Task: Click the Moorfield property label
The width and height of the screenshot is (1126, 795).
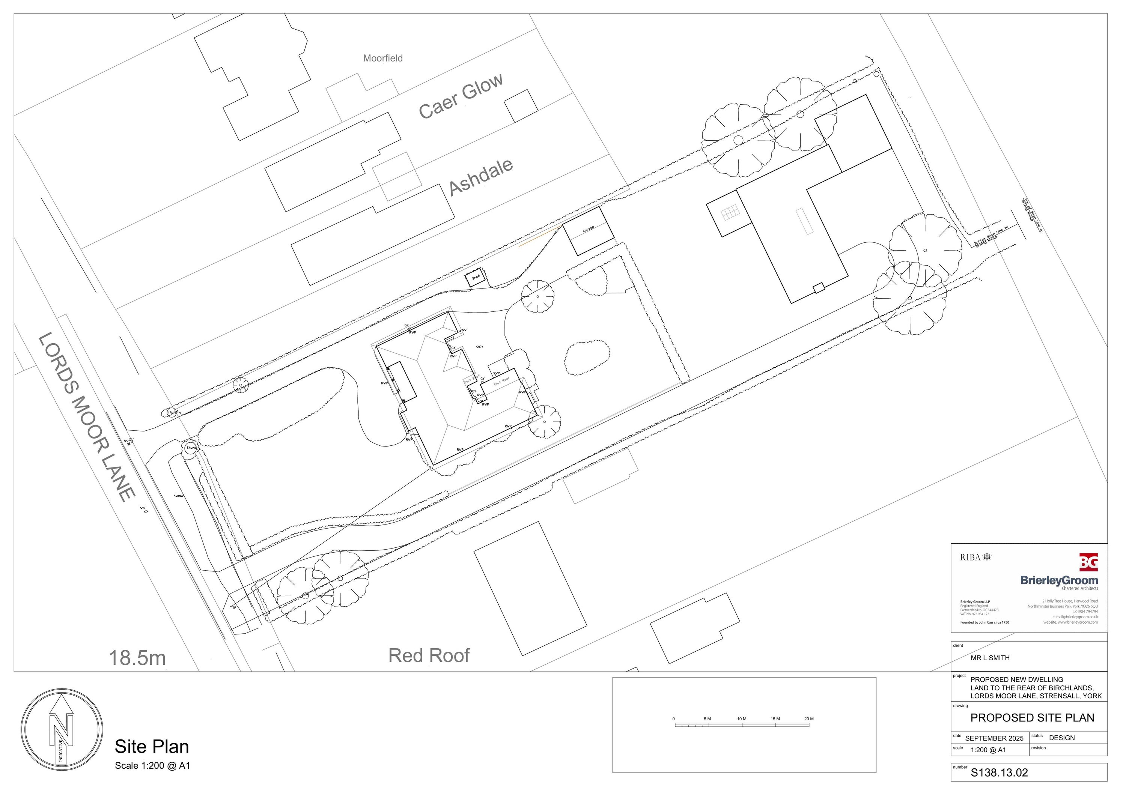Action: (382, 58)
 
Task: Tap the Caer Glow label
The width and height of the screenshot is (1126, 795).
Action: (461, 96)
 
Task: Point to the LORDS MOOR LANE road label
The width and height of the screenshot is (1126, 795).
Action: (86, 417)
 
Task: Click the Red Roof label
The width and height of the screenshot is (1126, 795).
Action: (429, 656)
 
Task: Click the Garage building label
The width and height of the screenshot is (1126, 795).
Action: (588, 229)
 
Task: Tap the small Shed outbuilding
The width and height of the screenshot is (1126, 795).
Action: (476, 277)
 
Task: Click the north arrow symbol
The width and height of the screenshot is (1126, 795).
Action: (62, 729)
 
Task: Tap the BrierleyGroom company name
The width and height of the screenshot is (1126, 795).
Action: (1059, 580)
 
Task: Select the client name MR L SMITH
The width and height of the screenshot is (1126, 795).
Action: (990, 658)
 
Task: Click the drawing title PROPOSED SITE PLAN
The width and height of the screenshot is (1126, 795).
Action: (1032, 718)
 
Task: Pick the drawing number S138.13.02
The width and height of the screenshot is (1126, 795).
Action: (999, 773)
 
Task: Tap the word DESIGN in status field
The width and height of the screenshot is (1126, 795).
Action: (1061, 738)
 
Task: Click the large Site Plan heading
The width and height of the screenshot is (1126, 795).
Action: (152, 747)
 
